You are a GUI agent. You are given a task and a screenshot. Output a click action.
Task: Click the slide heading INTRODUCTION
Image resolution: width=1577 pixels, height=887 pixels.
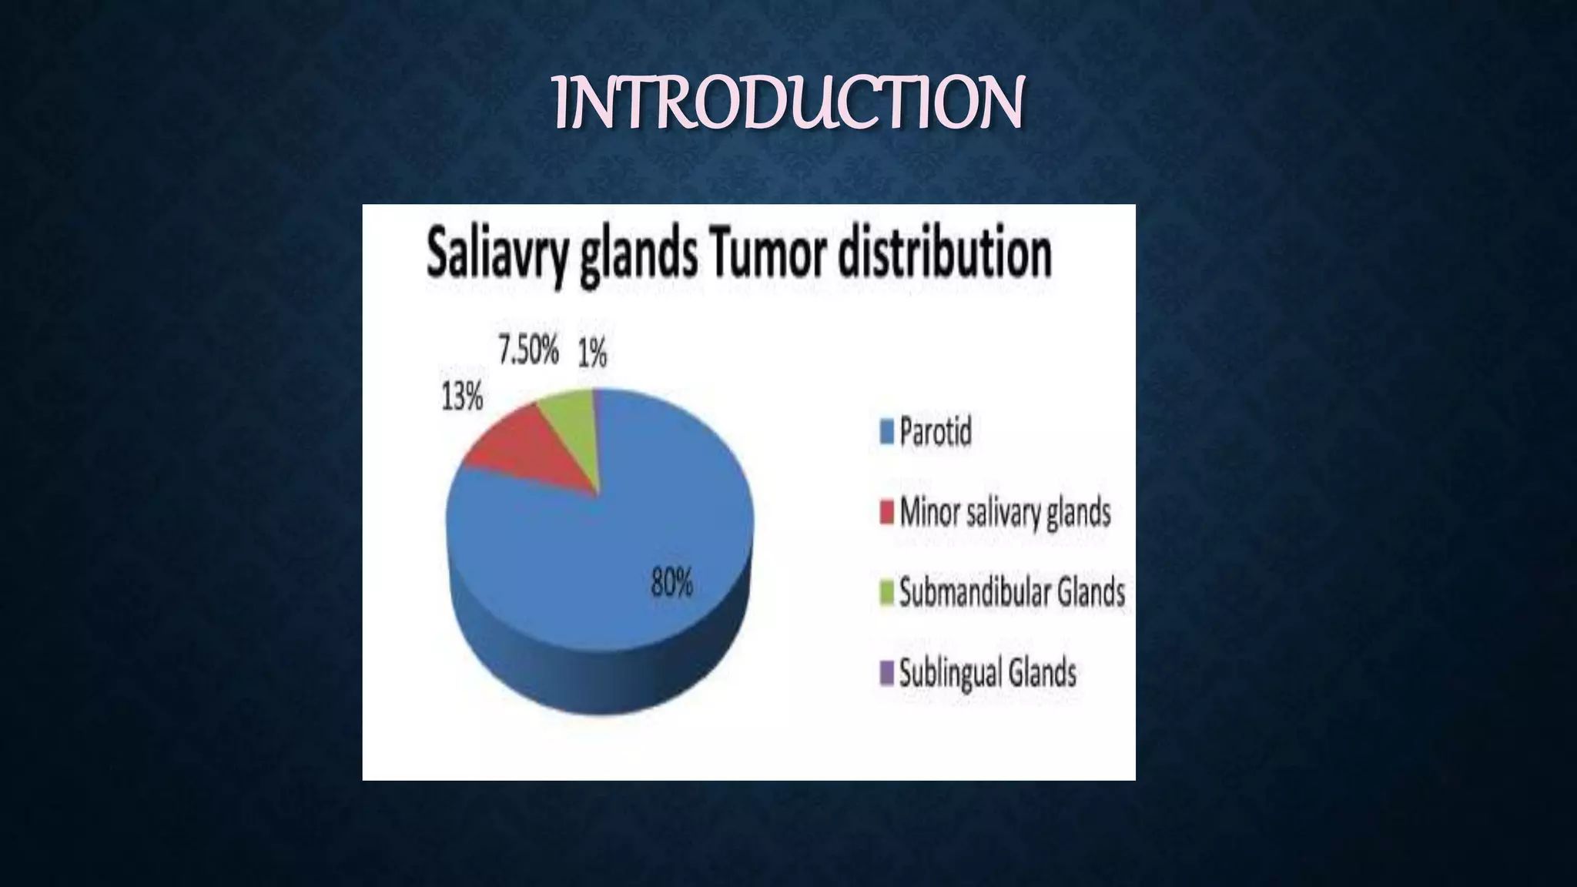point(788,103)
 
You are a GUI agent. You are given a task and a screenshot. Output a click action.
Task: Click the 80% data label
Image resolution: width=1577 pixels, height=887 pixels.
point(671,582)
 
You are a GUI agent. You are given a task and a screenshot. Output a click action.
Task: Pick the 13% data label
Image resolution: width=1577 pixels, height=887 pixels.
point(462,397)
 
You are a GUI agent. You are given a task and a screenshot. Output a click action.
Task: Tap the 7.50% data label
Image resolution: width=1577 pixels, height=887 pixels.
point(528,351)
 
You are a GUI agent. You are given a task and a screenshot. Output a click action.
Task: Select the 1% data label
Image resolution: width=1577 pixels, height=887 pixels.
point(592,355)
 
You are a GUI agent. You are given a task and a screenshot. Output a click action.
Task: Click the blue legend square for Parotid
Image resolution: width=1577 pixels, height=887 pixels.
point(886,432)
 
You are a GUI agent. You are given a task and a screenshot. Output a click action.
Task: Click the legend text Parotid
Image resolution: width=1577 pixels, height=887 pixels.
point(936,431)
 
